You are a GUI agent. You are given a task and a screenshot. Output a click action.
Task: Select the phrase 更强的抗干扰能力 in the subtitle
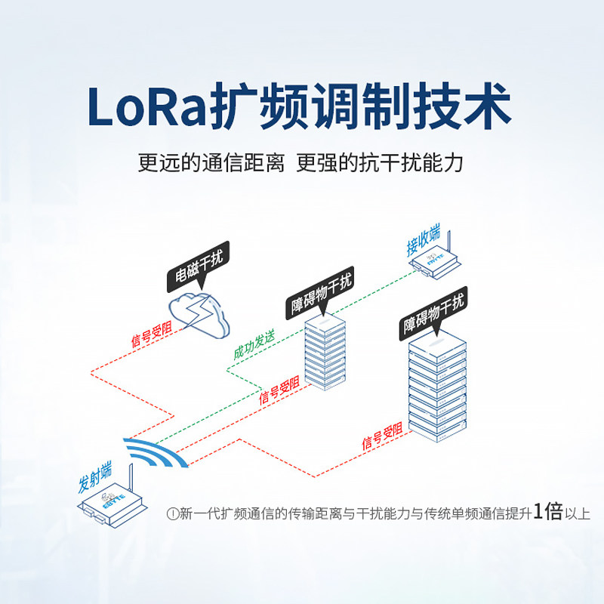click(379, 164)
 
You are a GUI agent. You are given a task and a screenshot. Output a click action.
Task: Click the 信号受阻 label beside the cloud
click(152, 333)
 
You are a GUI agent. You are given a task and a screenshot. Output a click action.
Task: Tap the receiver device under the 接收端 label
click(435, 263)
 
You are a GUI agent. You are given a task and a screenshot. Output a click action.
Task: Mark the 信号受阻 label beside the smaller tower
click(279, 392)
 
